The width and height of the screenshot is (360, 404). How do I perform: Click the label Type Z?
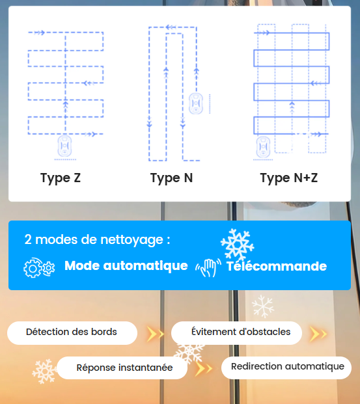click(x=61, y=178)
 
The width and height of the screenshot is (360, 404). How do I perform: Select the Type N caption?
click(x=171, y=178)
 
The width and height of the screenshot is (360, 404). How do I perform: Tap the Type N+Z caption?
click(x=289, y=178)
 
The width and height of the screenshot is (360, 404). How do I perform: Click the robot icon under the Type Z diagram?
click(x=64, y=146)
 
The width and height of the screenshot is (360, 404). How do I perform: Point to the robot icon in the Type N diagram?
click(x=196, y=103)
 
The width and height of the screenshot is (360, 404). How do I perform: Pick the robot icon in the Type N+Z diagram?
click(x=263, y=147)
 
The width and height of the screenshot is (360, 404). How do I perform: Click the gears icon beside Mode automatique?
click(x=39, y=267)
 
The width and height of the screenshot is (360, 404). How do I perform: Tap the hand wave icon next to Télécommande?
click(x=208, y=267)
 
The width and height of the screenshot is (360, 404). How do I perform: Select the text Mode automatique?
click(x=126, y=266)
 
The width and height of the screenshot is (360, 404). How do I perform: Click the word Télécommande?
click(x=277, y=266)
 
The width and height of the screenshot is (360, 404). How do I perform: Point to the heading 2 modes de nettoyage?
click(x=97, y=239)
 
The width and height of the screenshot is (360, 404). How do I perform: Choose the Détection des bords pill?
click(x=72, y=333)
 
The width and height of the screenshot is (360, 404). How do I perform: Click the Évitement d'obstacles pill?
click(x=236, y=333)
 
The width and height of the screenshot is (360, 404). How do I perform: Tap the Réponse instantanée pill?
click(x=122, y=368)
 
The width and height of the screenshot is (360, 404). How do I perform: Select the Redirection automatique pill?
click(x=286, y=368)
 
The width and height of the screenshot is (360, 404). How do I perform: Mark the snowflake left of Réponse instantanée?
click(x=44, y=371)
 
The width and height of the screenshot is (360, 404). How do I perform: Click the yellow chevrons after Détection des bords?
click(x=155, y=334)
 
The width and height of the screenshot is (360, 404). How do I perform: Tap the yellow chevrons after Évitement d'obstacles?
click(x=318, y=334)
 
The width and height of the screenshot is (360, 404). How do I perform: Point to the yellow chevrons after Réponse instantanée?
click(x=204, y=369)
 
